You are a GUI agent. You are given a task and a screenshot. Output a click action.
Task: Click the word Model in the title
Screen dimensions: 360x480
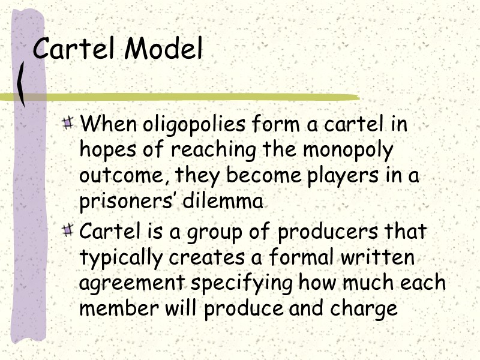click(x=163, y=49)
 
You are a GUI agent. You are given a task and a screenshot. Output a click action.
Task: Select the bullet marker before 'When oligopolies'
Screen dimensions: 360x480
click(x=69, y=124)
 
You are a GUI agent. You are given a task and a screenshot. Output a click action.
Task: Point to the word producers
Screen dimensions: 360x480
click(x=329, y=231)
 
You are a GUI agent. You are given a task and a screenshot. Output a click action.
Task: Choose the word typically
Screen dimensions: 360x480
click(x=120, y=257)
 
